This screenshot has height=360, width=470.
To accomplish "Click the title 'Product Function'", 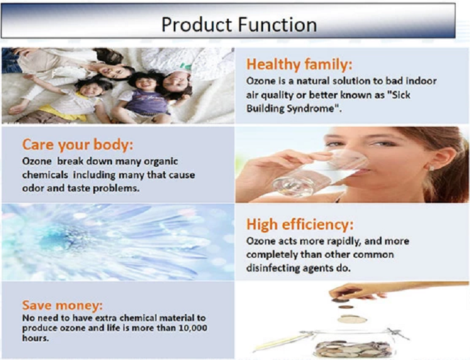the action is click(x=239, y=24).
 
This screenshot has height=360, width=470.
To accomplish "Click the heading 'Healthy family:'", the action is click(x=299, y=65).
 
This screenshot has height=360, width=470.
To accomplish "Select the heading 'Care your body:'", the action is click(x=78, y=145).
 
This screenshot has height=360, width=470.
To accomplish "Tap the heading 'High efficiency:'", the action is click(x=300, y=225).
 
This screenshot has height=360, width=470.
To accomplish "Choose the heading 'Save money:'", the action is click(x=62, y=305).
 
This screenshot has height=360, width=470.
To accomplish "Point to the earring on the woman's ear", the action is click(x=432, y=168).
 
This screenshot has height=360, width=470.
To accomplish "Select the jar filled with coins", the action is click(x=353, y=344).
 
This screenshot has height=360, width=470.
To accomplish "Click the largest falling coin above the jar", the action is click(x=352, y=319).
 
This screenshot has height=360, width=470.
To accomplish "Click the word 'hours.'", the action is click(x=35, y=338).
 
